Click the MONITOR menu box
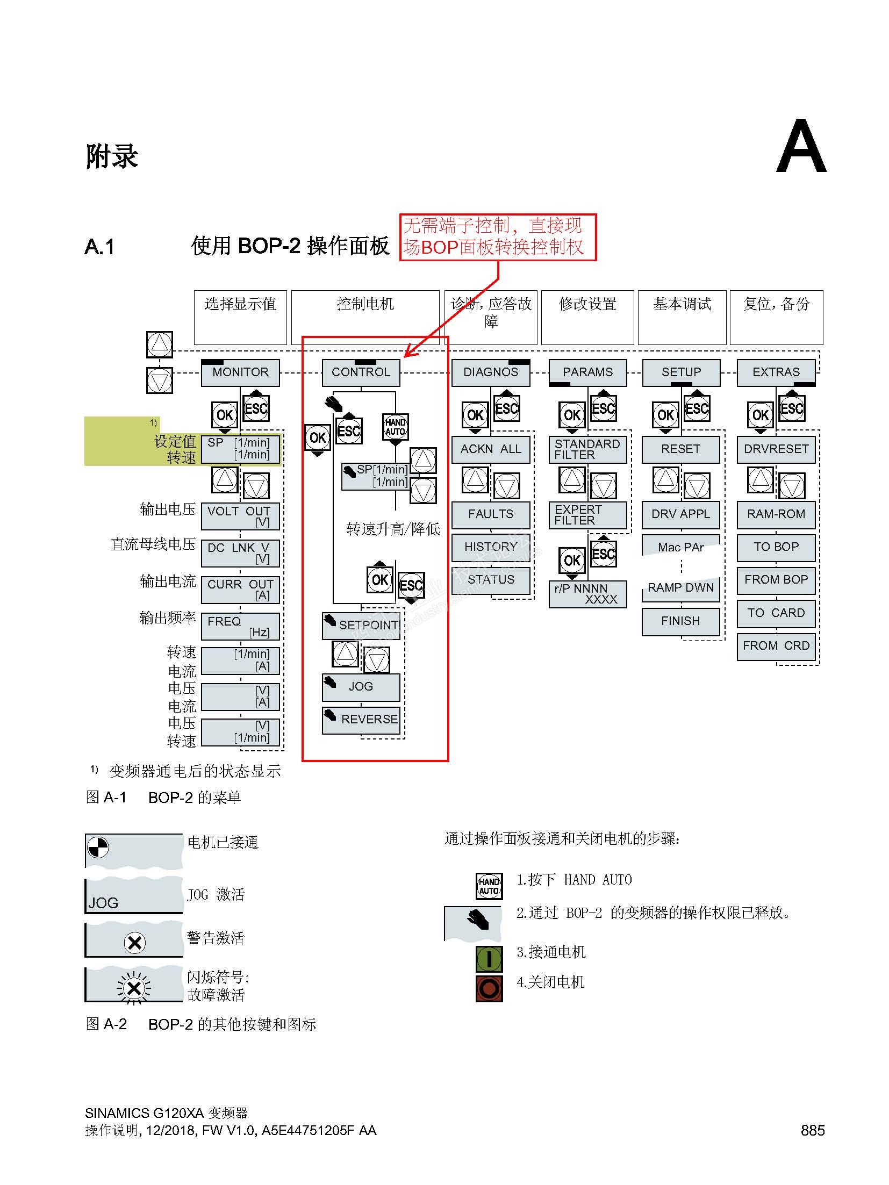[240, 372]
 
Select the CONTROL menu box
[361, 372]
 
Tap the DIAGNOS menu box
[490, 372]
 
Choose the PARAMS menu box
[587, 372]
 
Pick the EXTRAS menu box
[776, 372]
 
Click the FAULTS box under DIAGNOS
[490, 514]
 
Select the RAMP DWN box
[680, 588]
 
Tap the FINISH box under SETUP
[680, 621]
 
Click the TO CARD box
[776, 613]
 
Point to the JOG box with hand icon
[361, 687]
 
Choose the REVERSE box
[361, 720]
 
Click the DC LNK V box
[240, 553]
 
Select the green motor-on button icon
[489, 958]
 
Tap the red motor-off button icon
[489, 988]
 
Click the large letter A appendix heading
[801, 147]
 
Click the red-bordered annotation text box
[498, 237]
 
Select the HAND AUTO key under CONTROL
[395, 427]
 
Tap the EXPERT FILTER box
[587, 515]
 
